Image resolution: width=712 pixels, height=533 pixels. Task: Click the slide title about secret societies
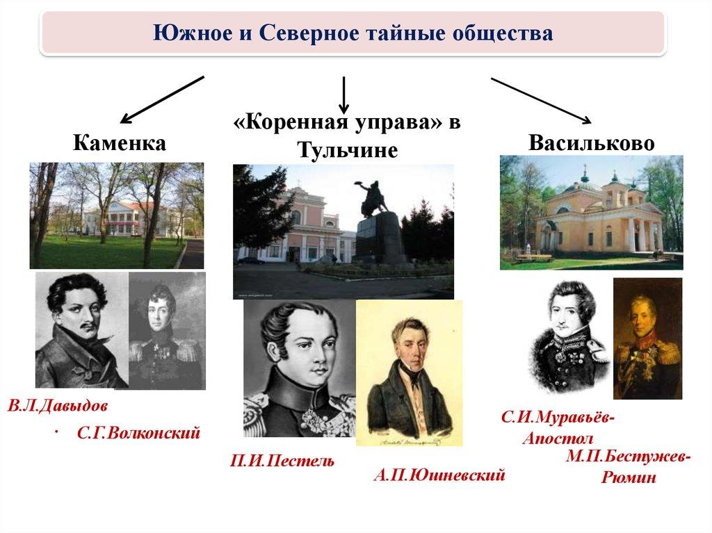353,33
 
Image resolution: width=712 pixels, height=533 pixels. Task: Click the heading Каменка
120,143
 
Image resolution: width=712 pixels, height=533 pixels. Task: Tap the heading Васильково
592,143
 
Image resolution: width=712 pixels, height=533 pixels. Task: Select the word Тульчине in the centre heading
348,150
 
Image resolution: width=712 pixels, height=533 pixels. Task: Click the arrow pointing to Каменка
162,100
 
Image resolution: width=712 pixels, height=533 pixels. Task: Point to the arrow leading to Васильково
541,101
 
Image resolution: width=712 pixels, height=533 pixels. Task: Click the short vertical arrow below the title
343,95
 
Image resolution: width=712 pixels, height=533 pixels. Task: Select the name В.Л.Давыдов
58,405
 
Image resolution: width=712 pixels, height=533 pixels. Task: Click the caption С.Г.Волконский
138,433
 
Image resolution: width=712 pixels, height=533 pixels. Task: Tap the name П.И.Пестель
282,461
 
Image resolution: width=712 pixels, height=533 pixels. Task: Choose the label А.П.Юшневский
439,475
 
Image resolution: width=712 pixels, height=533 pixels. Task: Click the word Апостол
558,438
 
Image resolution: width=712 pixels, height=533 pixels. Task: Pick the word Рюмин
629,477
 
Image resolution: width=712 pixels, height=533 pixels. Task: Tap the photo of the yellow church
591,213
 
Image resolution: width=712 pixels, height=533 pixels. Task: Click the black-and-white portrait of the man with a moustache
82,330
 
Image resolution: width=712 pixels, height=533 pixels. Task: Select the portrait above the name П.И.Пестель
300,368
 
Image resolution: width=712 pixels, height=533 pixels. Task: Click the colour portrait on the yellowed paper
409,372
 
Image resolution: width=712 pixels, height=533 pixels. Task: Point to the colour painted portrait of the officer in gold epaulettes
647,338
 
